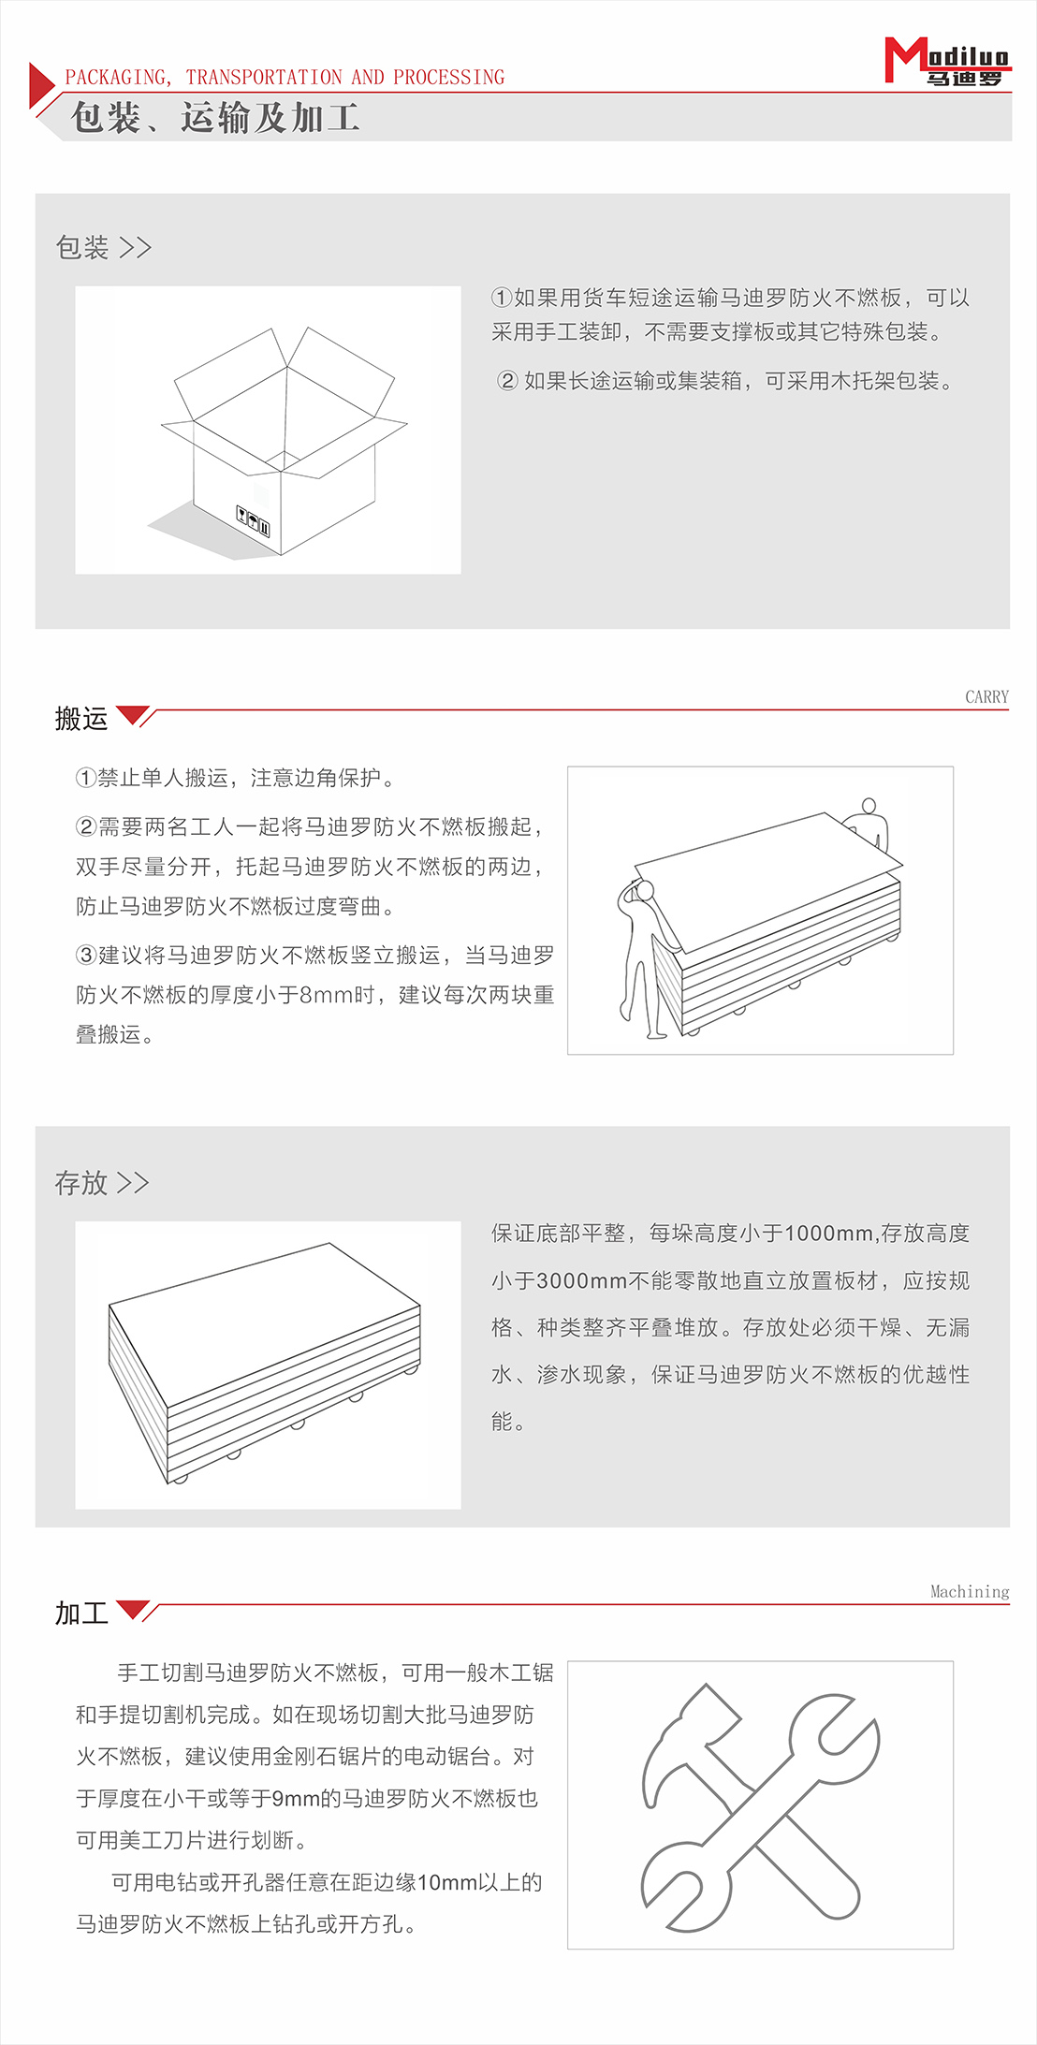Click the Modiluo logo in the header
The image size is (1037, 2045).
946,62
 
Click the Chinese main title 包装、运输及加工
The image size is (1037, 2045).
215,118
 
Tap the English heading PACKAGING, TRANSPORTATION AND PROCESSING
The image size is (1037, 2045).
285,77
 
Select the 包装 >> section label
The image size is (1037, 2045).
103,247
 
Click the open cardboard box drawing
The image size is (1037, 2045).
284,440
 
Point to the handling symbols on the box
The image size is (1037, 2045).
253,520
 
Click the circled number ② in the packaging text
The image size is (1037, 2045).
507,381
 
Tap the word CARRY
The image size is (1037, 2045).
986,697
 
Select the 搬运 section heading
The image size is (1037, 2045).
81,719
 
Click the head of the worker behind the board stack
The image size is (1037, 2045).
869,806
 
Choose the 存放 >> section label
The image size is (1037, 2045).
101,1183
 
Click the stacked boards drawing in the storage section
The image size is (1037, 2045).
265,1362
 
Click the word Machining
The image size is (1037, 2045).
970,1592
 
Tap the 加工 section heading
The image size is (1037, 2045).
81,1614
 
